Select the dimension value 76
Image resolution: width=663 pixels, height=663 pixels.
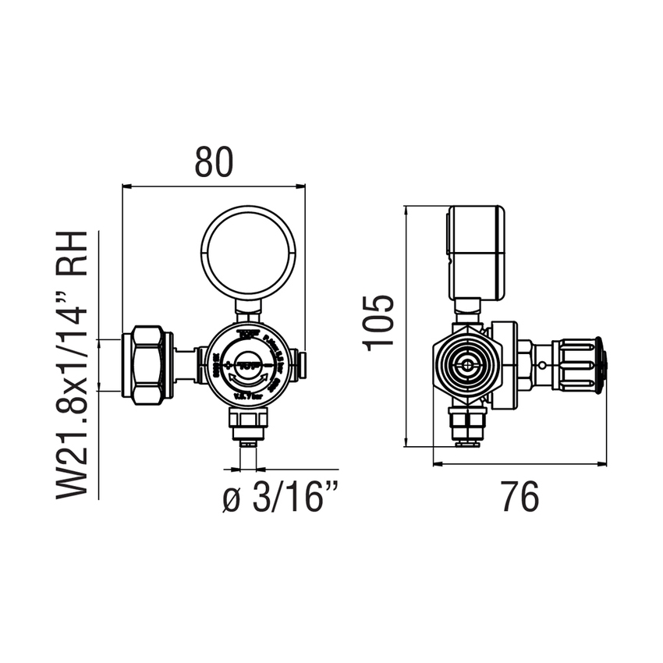click(x=519, y=497)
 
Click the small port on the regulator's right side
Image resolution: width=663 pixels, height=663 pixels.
click(x=304, y=363)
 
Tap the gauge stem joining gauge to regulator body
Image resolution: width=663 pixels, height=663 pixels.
click(x=249, y=311)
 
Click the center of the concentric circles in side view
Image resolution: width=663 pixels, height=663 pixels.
click(x=466, y=364)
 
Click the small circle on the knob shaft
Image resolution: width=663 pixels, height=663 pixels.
click(x=542, y=365)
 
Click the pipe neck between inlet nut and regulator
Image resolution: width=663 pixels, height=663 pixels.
click(x=184, y=365)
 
